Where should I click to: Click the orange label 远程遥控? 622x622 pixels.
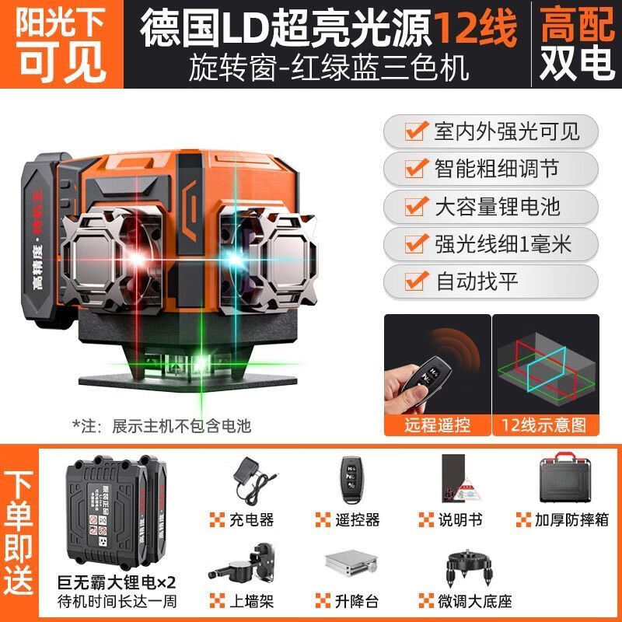tap(438, 425)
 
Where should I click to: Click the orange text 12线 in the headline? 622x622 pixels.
tap(475, 28)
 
